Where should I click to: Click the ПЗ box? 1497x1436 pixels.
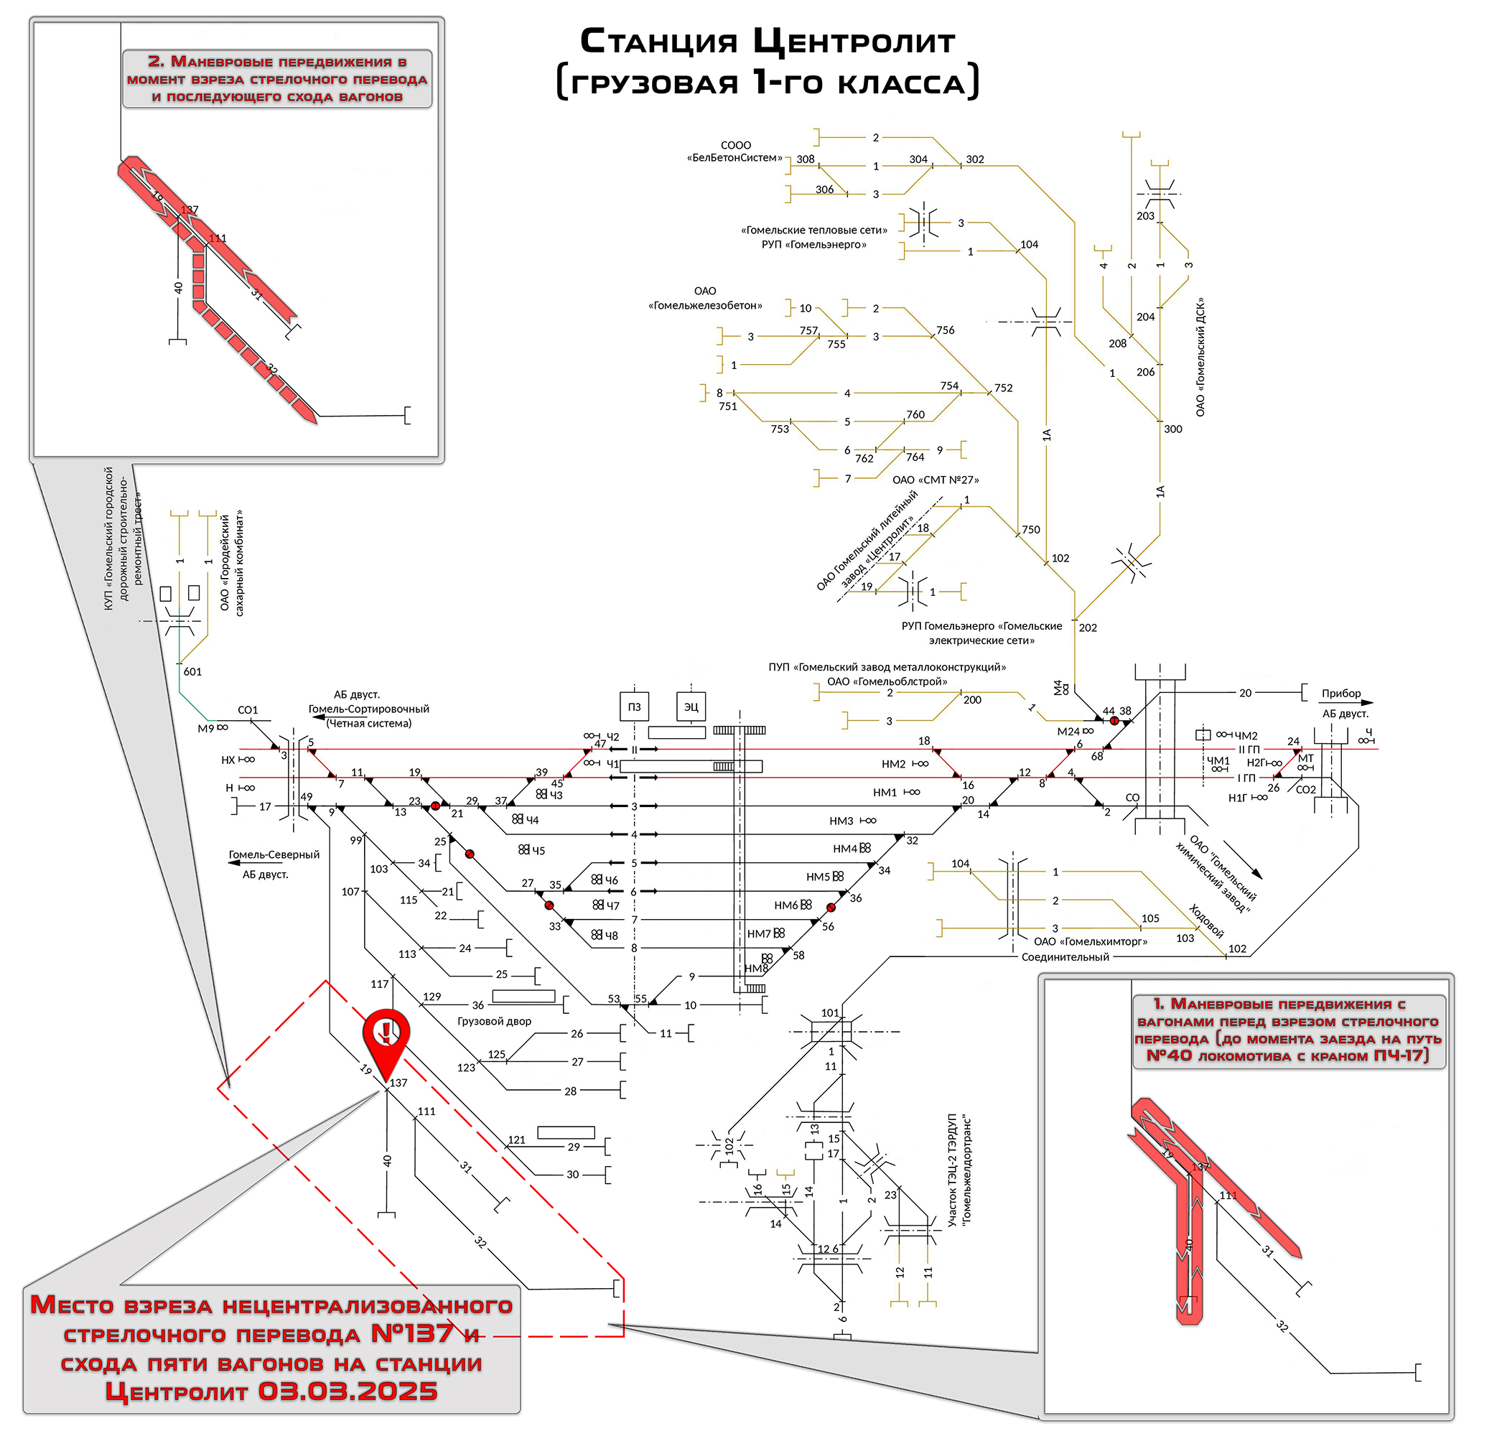(634, 707)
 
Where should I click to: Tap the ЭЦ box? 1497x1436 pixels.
(691, 707)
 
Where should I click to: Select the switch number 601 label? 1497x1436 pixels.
(192, 671)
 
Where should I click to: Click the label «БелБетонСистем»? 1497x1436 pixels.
(734, 158)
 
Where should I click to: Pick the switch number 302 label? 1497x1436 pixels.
(974, 159)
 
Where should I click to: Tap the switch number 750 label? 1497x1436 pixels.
(1030, 529)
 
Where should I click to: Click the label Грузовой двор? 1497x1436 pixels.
(494, 1021)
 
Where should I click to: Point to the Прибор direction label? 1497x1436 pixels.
(1341, 694)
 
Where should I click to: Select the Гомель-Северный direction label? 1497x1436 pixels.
(274, 854)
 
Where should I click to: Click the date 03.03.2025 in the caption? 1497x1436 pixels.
(348, 1391)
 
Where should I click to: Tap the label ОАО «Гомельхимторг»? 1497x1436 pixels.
(1090, 942)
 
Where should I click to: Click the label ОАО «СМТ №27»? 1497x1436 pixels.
(935, 480)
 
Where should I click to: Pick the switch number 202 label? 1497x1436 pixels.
(1088, 628)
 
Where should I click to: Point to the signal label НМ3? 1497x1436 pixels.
(841, 821)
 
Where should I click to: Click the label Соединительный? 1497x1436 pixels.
(1065, 957)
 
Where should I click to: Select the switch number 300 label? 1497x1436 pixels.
(1172, 429)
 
